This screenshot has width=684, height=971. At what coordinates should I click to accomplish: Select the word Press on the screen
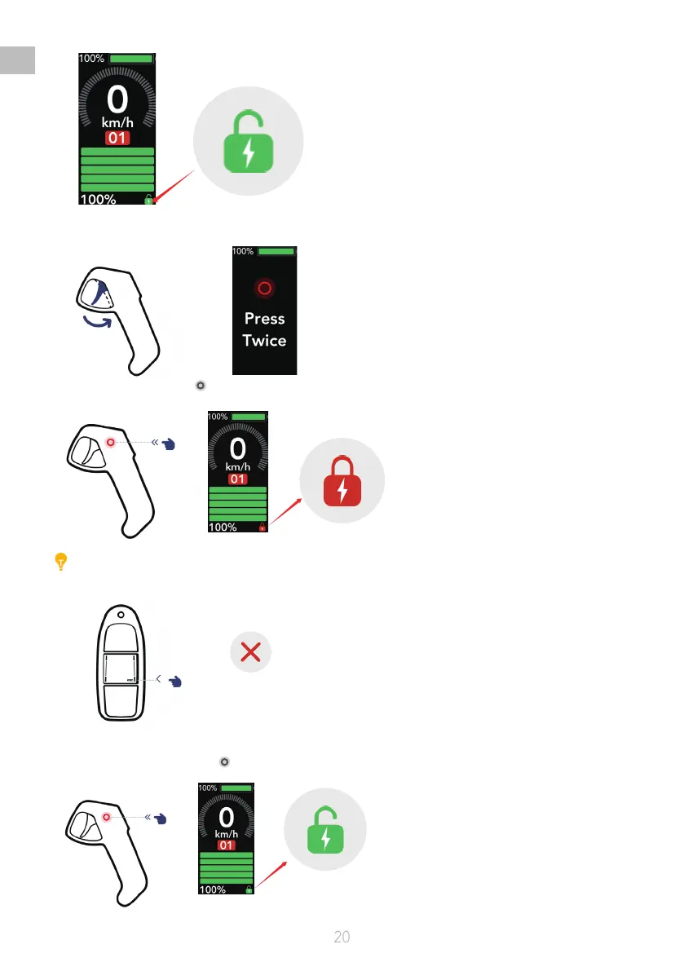tap(264, 319)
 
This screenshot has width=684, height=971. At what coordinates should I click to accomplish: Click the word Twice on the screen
tap(264, 340)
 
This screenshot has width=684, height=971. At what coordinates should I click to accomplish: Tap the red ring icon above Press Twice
tap(264, 288)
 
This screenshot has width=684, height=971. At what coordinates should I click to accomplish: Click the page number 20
tap(342, 937)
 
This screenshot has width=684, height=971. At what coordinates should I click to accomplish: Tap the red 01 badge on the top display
tap(117, 138)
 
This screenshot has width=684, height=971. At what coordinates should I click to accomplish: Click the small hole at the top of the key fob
tap(121, 615)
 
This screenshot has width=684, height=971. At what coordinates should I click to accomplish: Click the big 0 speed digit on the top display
tap(117, 101)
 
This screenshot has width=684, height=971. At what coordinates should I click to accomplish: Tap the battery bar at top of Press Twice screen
tap(276, 251)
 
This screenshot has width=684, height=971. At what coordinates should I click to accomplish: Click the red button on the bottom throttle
tap(107, 815)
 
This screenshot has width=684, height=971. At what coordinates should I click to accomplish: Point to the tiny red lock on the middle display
tap(262, 527)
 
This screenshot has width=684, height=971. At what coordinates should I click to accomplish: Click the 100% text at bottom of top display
tap(96, 199)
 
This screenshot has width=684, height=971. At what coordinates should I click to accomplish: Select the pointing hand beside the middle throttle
tap(170, 444)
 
